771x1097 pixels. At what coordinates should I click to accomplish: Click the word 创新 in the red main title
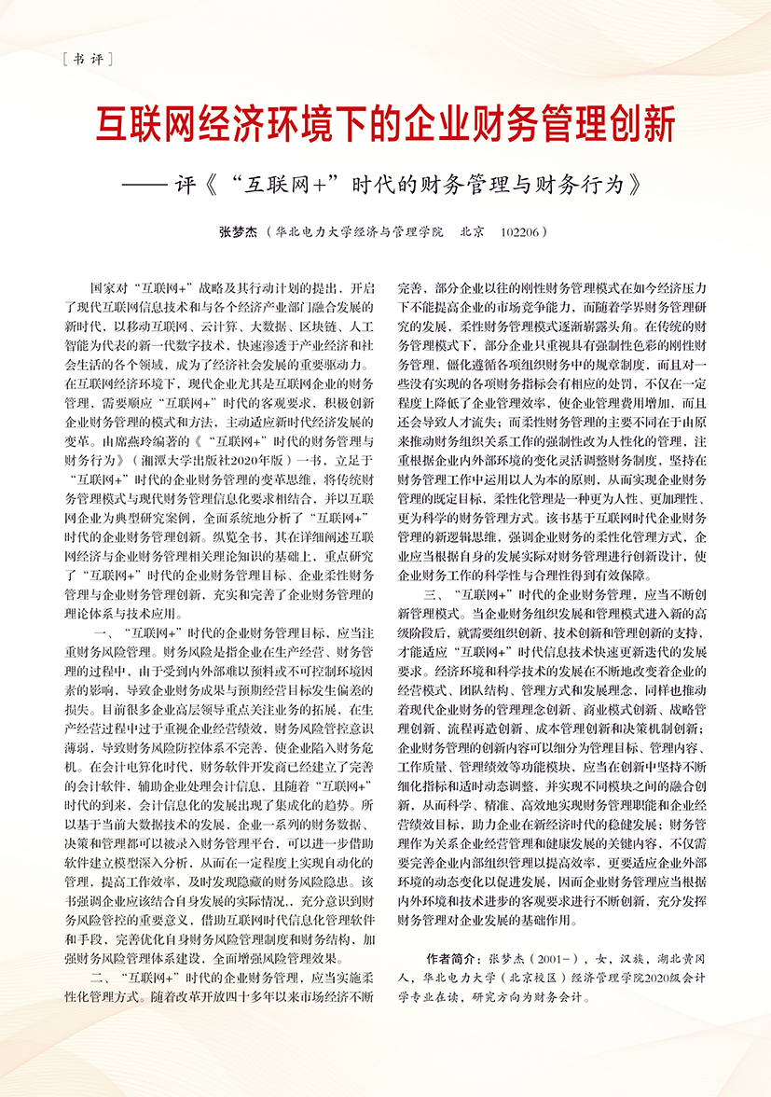pyautogui.click(x=642, y=125)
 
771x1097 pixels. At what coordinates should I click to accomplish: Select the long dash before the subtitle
pyautogui.click(x=145, y=182)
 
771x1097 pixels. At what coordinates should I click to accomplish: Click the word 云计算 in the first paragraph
pyautogui.click(x=207, y=322)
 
